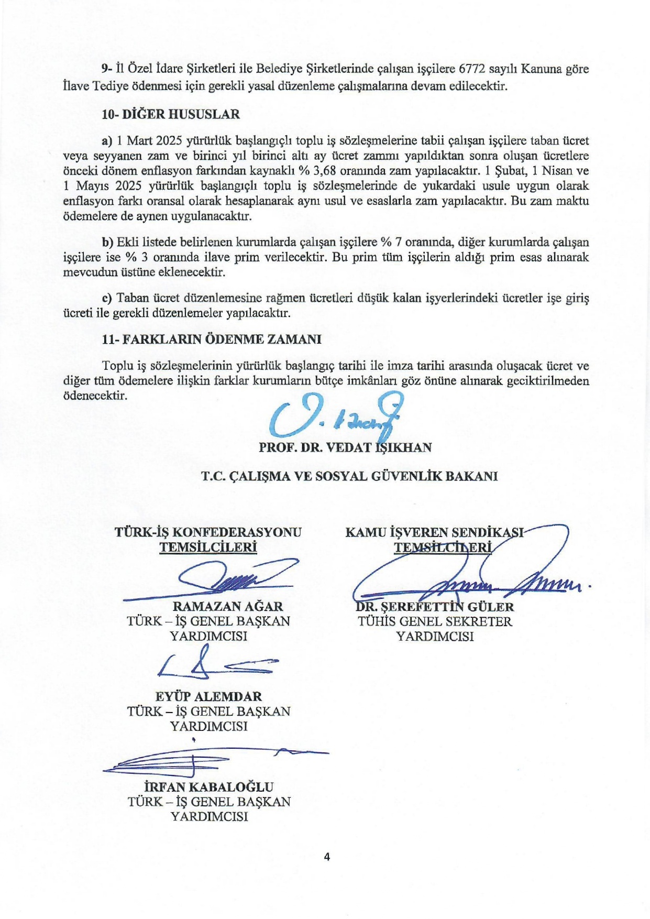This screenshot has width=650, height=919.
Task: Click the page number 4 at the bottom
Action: point(327,857)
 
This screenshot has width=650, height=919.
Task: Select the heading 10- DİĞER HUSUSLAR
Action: point(171,114)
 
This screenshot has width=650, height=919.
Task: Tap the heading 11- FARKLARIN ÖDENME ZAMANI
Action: point(212,339)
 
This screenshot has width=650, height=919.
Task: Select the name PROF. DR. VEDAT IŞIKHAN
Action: point(345,447)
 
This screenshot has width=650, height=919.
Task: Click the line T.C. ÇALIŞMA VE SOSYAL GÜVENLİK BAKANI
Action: point(350,476)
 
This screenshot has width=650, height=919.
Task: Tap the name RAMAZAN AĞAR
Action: point(228,606)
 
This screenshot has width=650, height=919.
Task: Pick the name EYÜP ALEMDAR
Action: point(208,696)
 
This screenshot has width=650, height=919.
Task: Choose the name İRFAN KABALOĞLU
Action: point(209,786)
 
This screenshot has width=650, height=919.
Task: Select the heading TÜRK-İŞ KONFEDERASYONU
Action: point(208,532)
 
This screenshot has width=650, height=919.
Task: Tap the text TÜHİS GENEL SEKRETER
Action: point(435,621)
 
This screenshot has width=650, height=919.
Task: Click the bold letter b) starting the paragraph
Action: point(108,242)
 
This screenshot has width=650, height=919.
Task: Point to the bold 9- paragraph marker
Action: point(107,69)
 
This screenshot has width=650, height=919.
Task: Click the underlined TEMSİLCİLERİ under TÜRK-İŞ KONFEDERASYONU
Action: point(208,548)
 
